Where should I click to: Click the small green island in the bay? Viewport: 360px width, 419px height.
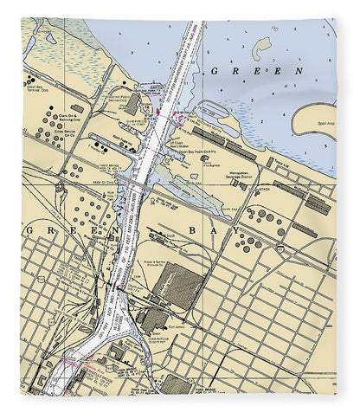262,45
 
